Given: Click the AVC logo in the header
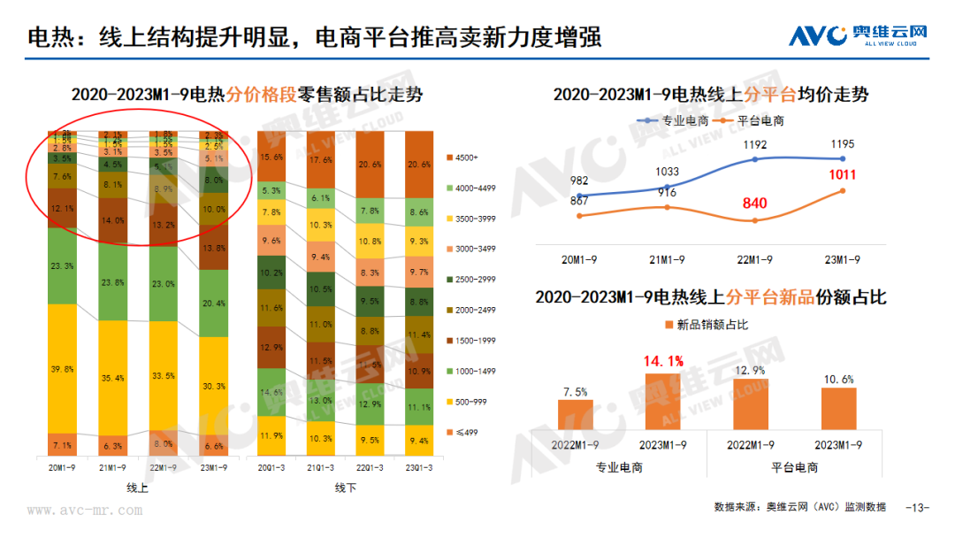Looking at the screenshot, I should (x=858, y=36).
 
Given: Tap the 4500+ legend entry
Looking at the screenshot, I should (x=468, y=158).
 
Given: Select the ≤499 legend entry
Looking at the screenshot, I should (x=465, y=432).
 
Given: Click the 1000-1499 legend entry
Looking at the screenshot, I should (x=475, y=371).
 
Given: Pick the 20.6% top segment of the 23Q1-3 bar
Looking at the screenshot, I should (x=419, y=165).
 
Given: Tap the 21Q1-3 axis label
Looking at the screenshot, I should (x=321, y=468).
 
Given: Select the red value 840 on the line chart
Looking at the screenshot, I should (x=754, y=203).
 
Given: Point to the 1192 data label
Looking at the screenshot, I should (x=754, y=144).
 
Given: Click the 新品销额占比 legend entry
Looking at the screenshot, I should (x=705, y=325).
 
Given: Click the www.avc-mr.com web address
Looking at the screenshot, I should (x=85, y=511).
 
